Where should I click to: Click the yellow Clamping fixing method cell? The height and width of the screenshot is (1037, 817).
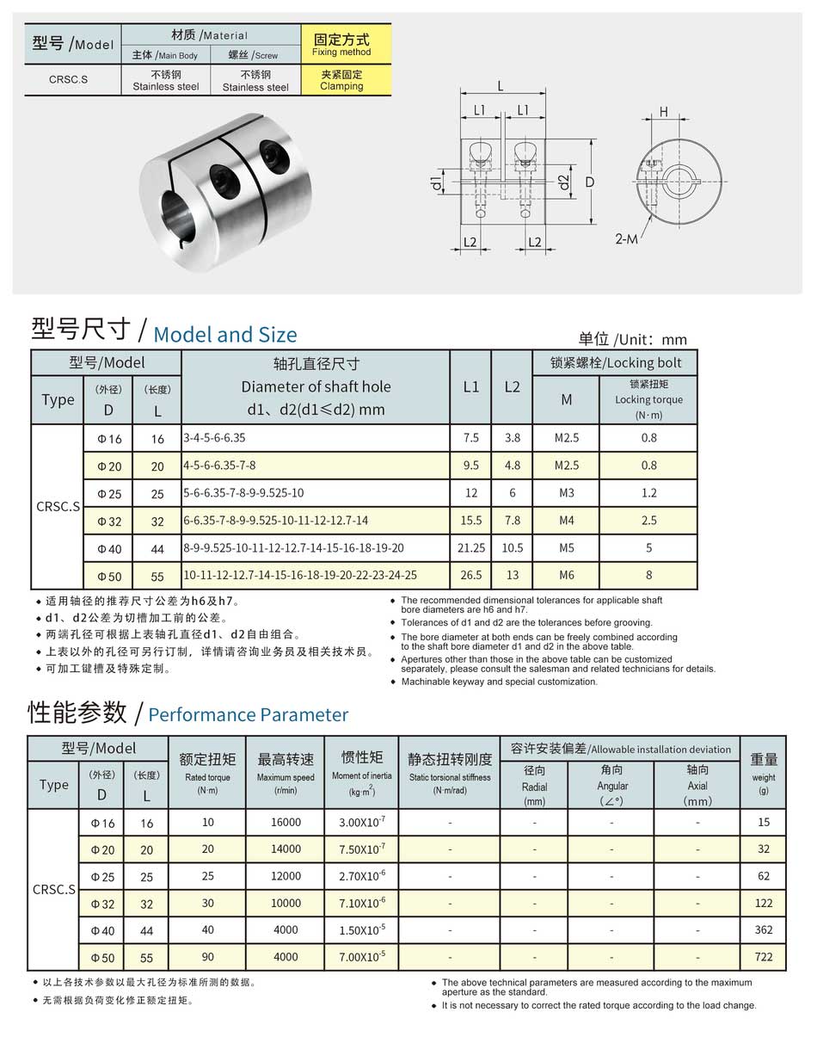[341, 80]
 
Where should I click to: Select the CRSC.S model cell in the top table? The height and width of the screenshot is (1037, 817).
[68, 80]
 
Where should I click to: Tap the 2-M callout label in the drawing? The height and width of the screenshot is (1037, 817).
[627, 238]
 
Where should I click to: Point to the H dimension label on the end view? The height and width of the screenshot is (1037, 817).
[664, 112]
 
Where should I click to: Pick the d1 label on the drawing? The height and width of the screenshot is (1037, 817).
[437, 182]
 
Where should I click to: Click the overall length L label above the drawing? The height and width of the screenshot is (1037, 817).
[501, 86]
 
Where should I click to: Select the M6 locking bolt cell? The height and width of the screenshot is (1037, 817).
[566, 575]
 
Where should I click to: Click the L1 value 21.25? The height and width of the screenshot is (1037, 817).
[470, 547]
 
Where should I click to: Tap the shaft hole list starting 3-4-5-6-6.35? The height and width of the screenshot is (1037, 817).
[214, 437]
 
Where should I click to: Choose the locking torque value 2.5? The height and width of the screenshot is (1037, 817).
[648, 520]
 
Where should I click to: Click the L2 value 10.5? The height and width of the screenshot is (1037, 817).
[512, 547]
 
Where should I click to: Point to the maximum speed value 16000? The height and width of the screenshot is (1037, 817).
[286, 822]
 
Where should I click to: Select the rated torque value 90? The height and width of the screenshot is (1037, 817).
[207, 956]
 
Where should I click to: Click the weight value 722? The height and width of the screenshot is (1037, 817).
[763, 956]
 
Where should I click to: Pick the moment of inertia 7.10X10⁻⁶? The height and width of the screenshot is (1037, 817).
[362, 903]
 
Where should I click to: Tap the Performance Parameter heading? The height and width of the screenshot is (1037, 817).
[248, 714]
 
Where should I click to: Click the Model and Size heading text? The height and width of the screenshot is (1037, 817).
[224, 335]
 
